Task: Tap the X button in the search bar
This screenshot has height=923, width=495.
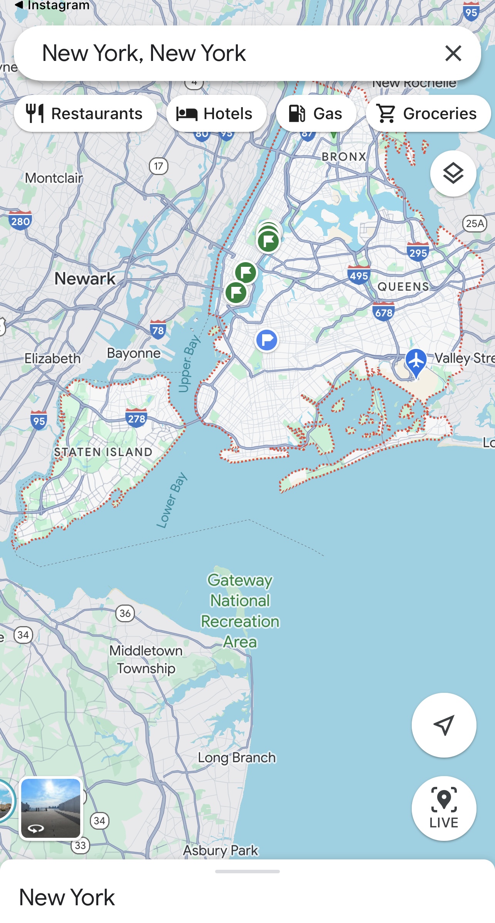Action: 453,53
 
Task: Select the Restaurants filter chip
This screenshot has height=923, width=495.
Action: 85,114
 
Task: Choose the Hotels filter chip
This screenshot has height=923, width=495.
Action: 216,114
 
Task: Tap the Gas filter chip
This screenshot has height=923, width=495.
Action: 316,114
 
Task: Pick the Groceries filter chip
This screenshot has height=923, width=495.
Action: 428,114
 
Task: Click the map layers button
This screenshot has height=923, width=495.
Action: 453,173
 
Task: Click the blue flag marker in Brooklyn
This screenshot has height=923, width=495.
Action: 267,340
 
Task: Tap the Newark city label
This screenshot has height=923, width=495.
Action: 85,278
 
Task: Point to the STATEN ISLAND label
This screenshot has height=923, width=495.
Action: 103,452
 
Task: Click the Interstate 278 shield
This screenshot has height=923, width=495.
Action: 136,418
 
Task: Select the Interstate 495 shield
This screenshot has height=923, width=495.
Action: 359,275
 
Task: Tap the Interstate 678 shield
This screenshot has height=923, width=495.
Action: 384,312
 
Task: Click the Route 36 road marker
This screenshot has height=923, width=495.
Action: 125,613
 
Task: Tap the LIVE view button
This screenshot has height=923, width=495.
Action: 444,808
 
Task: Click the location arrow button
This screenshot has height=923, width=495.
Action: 444,725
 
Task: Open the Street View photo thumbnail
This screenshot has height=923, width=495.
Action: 51,808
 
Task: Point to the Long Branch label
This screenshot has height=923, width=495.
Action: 237,758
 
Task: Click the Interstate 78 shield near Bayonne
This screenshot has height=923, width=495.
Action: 158,330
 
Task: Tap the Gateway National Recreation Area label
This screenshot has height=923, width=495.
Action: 240,611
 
